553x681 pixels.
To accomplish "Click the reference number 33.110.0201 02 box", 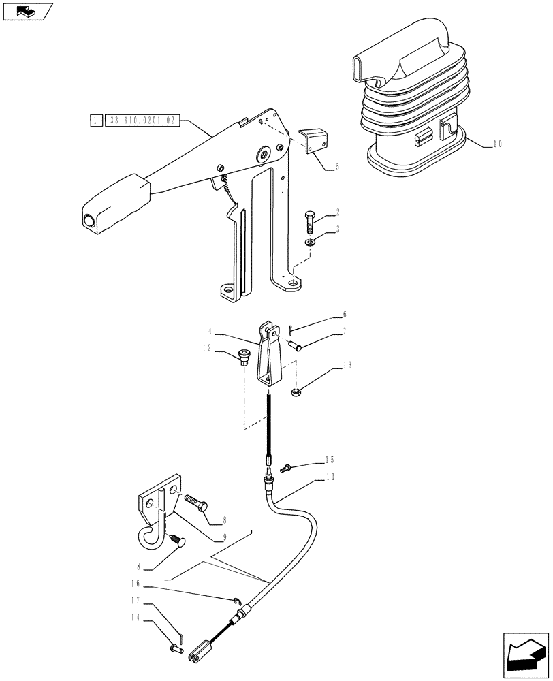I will pyautogui.click(x=141, y=121).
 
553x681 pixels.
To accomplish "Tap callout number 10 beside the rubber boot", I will pyautogui.click(x=498, y=144).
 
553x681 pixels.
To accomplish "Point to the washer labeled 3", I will pyautogui.click(x=310, y=242).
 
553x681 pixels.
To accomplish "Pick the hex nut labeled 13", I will pyautogui.click(x=298, y=392).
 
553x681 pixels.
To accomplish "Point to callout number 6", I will pyautogui.click(x=344, y=315).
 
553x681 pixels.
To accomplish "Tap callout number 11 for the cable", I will pyautogui.click(x=330, y=477).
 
